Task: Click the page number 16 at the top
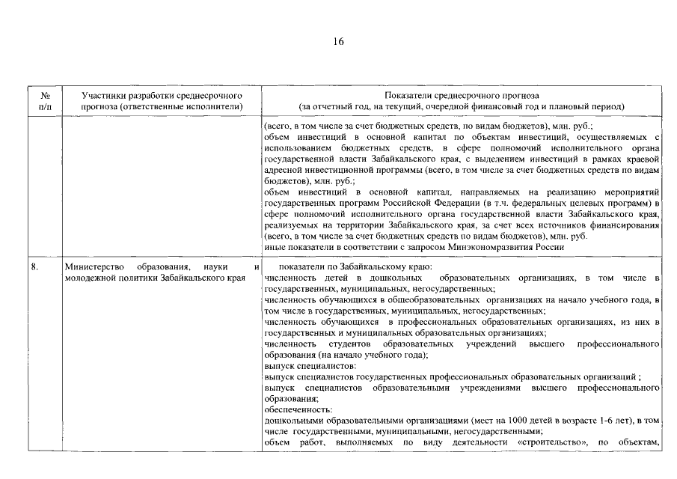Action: pyautogui.click(x=338, y=42)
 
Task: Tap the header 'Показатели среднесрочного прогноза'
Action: pyautogui.click(x=460, y=96)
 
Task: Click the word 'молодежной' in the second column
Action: pyautogui.click(x=91, y=278)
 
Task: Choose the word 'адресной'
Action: pyautogui.click(x=283, y=170)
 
